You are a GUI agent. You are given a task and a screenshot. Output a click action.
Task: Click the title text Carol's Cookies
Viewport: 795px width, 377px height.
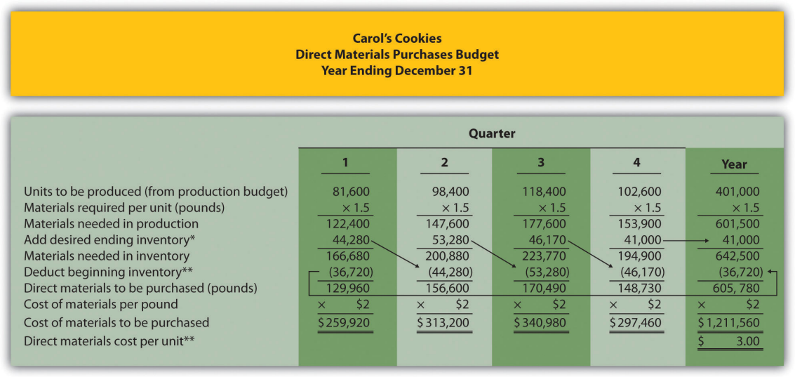(x=397, y=39)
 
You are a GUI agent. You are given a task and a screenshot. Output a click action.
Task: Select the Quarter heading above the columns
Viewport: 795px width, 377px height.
(x=491, y=133)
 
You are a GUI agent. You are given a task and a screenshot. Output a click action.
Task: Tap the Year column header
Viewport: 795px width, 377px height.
(x=734, y=164)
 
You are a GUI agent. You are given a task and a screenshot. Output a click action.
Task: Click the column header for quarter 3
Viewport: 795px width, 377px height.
(x=540, y=162)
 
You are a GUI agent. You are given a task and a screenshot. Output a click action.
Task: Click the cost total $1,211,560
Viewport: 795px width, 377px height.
(x=729, y=323)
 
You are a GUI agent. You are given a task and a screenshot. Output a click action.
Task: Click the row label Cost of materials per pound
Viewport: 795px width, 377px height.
(x=101, y=305)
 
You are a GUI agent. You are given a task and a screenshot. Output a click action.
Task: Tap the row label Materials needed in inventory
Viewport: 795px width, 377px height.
(x=107, y=256)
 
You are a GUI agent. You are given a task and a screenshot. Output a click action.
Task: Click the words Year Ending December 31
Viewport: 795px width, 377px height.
(x=397, y=70)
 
